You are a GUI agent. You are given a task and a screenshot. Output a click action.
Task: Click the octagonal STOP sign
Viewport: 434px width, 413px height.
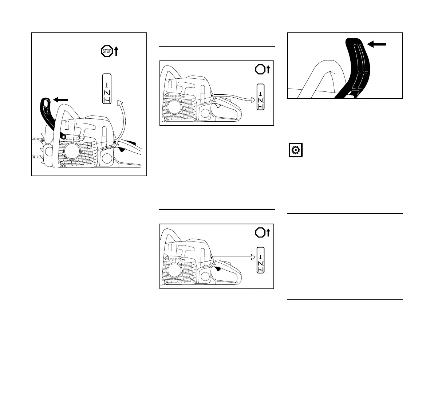click(107, 51)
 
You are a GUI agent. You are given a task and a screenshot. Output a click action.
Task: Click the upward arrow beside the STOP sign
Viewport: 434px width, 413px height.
click(116, 51)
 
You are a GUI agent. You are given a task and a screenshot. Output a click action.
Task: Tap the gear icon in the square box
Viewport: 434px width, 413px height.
click(296, 150)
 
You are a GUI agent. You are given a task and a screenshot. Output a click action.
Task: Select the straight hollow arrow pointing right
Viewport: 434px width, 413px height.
click(233, 257)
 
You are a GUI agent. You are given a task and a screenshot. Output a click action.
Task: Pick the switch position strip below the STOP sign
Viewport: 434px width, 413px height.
click(107, 89)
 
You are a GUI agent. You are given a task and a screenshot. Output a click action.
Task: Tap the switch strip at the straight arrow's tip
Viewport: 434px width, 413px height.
click(261, 260)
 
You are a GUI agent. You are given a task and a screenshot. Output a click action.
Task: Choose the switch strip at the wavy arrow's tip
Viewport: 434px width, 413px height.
click(261, 97)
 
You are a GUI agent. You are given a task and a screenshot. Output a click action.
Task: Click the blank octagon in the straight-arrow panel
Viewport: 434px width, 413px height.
click(260, 232)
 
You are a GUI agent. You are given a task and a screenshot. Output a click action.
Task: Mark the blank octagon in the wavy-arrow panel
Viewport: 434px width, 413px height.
click(260, 69)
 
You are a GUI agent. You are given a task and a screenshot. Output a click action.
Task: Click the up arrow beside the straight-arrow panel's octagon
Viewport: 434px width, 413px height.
click(268, 232)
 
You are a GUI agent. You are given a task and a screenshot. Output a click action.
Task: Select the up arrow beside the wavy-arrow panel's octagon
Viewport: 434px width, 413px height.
click(268, 69)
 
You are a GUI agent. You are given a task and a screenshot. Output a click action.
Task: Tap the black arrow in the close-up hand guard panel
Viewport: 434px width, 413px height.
click(376, 44)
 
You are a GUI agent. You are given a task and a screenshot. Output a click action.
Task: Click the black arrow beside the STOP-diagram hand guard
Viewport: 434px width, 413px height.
click(60, 99)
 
